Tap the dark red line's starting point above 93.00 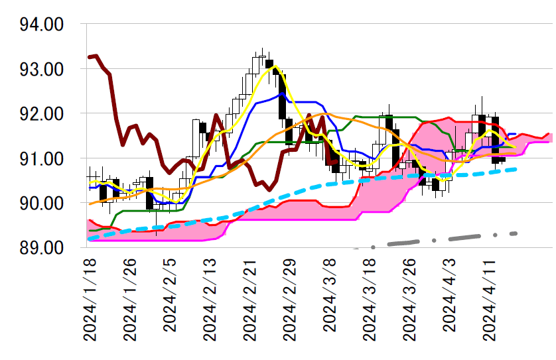(x=89, y=57)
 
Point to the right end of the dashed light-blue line (x=516, y=169)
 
